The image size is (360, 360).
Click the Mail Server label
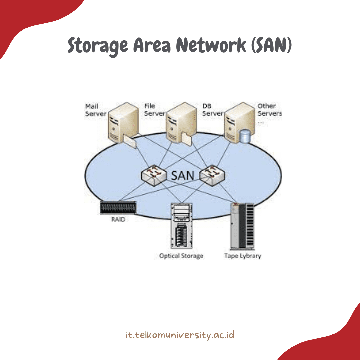point(95,110)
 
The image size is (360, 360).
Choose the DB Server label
point(212,110)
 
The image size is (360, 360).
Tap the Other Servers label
point(269,110)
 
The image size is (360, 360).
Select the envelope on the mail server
point(130,142)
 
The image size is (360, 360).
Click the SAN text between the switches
point(182,175)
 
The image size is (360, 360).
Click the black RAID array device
point(118,208)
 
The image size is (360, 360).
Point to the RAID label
point(118,220)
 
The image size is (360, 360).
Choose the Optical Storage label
point(181,256)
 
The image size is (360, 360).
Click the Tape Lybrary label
point(242,256)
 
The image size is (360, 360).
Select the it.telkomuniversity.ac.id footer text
point(180,335)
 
